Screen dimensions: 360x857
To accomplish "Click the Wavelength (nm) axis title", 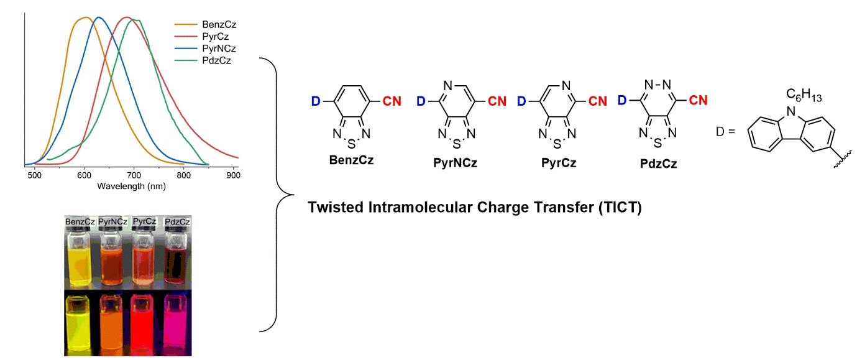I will click(130, 186).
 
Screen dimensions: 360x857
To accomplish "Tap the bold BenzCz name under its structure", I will click(352, 160).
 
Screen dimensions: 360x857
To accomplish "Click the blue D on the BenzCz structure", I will click(314, 101).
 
